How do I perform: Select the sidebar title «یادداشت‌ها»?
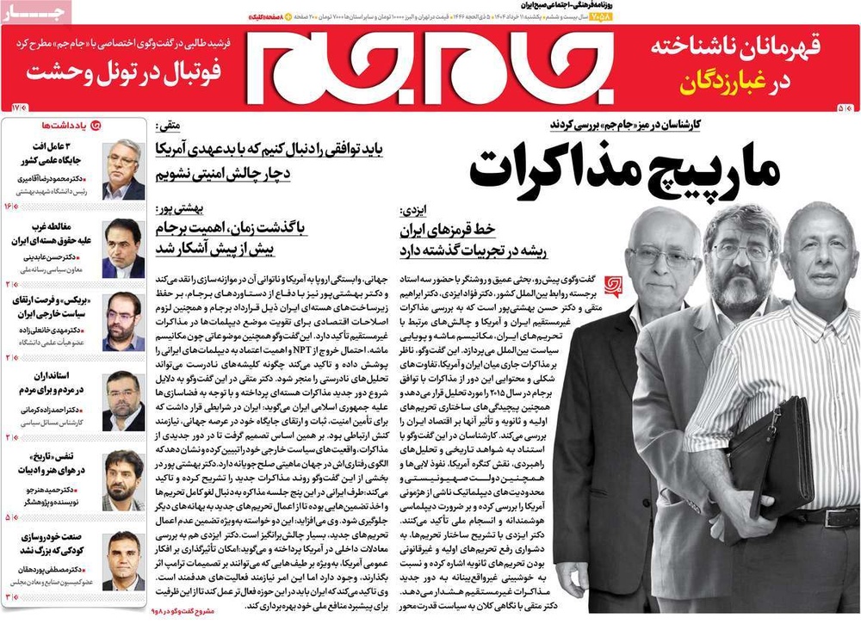pos(64,125)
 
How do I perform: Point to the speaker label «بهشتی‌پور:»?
pos(177,210)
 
